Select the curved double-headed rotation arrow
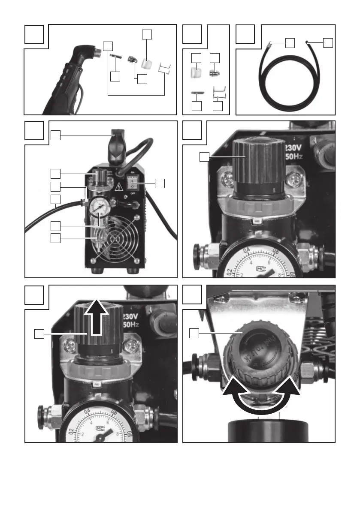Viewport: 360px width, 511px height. click(x=260, y=395)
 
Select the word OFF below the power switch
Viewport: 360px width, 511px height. click(x=133, y=200)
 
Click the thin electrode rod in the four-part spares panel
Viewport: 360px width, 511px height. click(x=197, y=93)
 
